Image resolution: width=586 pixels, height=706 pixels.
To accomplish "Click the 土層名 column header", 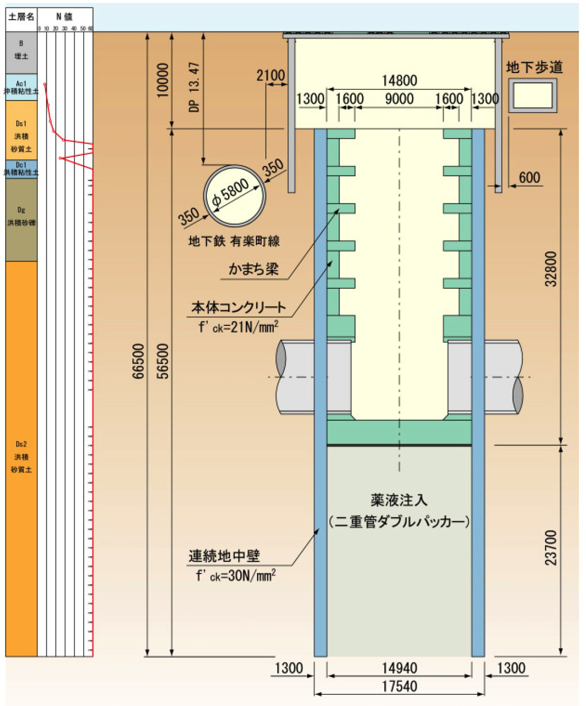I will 21,17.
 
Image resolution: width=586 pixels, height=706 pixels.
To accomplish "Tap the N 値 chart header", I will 65,17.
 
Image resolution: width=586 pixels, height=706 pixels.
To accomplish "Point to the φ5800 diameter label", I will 231,193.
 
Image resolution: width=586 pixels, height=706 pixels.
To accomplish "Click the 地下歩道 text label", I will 534,68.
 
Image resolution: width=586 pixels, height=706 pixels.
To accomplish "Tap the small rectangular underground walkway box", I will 532,95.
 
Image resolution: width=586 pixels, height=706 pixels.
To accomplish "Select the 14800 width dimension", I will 399,80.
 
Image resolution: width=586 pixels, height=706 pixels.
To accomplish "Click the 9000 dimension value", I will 399,98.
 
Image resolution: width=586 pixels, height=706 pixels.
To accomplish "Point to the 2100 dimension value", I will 270,75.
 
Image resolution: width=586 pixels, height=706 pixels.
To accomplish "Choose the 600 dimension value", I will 529,177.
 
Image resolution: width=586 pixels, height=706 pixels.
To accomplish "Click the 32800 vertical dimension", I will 551,269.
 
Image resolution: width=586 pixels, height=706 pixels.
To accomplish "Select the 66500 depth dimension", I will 138,361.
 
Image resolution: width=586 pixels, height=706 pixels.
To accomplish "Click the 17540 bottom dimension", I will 399,687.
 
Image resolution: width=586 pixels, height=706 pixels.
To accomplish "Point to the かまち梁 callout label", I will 253,268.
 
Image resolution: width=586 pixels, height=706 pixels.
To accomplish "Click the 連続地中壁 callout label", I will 224,556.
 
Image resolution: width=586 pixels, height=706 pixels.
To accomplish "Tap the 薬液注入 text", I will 399,500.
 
